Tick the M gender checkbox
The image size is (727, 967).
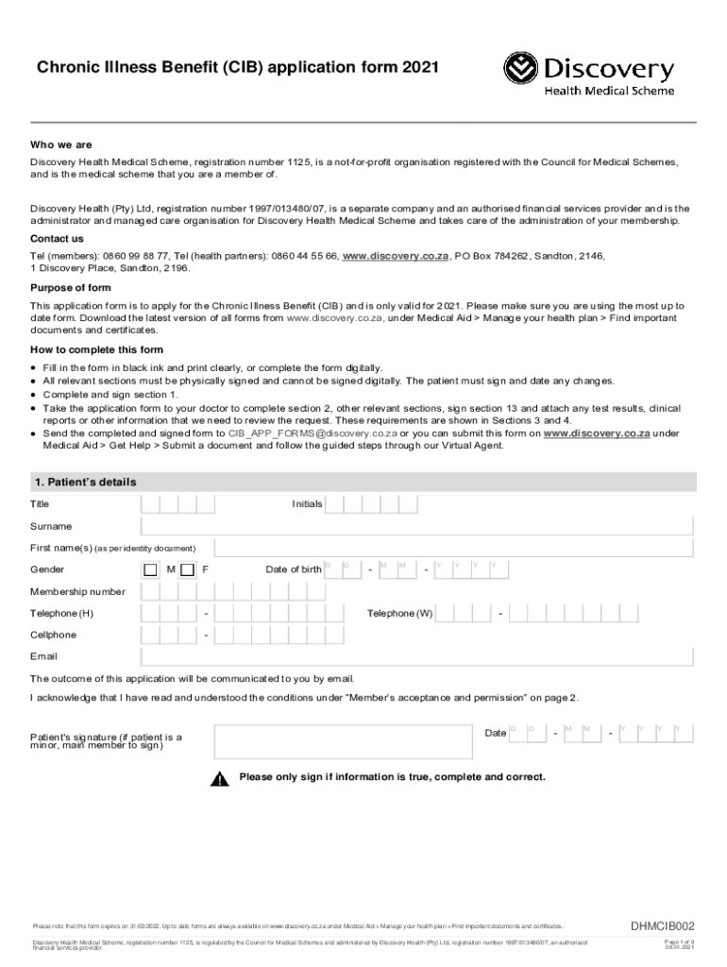click(150, 569)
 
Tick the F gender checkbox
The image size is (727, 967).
click(187, 569)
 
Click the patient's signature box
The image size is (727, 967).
click(343, 741)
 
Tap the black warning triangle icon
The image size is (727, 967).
click(220, 779)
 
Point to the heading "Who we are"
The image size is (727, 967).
click(61, 145)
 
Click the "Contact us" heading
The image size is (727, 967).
click(57, 239)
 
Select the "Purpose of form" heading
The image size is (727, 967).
click(71, 288)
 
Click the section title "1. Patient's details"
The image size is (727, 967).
click(85, 483)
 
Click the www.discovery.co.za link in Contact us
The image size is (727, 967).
click(395, 256)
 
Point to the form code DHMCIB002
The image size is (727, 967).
click(663, 926)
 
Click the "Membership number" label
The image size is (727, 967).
click(77, 592)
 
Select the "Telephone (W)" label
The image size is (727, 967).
click(399, 614)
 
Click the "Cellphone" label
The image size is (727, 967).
click(54, 636)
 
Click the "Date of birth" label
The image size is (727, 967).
click(294, 569)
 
